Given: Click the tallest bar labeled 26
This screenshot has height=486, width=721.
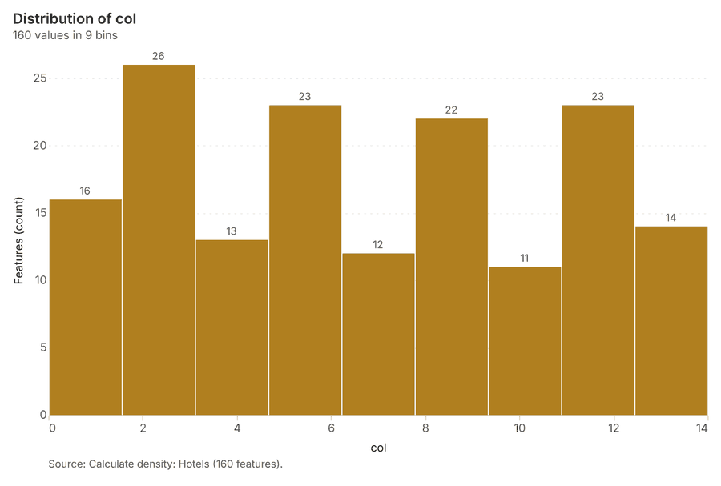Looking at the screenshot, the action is point(159,239).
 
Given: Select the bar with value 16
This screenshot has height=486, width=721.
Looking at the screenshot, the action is point(86,307).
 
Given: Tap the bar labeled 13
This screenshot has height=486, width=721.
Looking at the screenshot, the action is point(232,327).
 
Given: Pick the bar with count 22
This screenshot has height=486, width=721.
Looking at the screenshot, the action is point(452,267).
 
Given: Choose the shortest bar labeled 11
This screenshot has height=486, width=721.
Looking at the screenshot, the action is point(525,340).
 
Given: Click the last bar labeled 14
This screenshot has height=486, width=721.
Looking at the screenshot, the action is point(671,320).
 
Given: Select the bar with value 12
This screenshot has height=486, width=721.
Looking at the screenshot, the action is point(378,334).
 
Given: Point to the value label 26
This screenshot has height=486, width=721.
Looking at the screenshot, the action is point(158,56).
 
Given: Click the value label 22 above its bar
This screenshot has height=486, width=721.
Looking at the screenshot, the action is point(451,110).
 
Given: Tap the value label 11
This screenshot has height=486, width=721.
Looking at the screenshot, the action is point(525,258).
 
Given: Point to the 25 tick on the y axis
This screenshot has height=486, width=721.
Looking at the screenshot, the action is point(40,78).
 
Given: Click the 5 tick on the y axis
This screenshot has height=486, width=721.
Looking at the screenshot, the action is point(43,347).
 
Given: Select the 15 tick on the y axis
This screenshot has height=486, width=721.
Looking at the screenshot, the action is point(41,213).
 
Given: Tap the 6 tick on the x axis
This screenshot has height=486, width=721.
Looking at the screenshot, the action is point(331,428).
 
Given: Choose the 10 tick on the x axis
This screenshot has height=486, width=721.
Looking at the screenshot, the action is point(519,428).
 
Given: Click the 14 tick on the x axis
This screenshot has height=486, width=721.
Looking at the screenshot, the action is point(702,428).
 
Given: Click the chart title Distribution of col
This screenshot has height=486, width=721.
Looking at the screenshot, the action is point(75,19).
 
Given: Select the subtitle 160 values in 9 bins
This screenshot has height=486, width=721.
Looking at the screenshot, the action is point(65,35).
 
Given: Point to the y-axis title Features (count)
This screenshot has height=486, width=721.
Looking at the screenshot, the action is point(18,240).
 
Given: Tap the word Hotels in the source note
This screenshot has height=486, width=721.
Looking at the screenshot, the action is point(194,464).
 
